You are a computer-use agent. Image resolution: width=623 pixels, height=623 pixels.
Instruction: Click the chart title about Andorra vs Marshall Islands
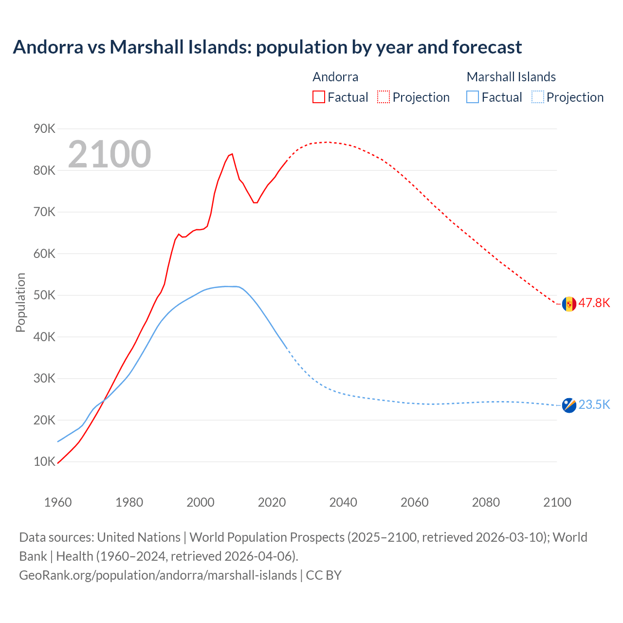267,47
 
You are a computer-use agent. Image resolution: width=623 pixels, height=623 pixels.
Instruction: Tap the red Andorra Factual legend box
319,97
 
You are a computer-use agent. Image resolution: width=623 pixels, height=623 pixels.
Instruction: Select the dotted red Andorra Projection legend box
384,97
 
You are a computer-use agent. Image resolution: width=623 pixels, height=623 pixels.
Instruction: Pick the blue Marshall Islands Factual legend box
473,97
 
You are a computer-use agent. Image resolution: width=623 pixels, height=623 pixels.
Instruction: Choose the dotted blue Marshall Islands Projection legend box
537,97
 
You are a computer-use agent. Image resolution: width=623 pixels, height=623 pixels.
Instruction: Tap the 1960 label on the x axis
58,502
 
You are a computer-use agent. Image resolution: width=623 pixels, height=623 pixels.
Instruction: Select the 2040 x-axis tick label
343,502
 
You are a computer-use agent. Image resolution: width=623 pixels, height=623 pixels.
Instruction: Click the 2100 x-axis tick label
557,502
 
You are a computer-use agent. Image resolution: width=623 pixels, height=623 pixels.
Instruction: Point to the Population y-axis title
20,302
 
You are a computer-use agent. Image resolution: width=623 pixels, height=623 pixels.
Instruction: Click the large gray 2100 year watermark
110,154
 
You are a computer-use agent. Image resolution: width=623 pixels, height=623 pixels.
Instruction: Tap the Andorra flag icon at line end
569,304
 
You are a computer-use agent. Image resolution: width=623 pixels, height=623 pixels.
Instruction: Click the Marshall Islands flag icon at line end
569,405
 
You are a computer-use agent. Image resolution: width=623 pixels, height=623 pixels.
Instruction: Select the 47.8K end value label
594,303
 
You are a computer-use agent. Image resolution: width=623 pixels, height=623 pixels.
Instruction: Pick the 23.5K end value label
594,404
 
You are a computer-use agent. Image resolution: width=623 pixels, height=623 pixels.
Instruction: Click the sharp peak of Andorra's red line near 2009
232,154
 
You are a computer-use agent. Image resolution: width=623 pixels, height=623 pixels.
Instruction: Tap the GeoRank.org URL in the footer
158,575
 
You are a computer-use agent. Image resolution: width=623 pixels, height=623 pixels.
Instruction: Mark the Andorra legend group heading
335,77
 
